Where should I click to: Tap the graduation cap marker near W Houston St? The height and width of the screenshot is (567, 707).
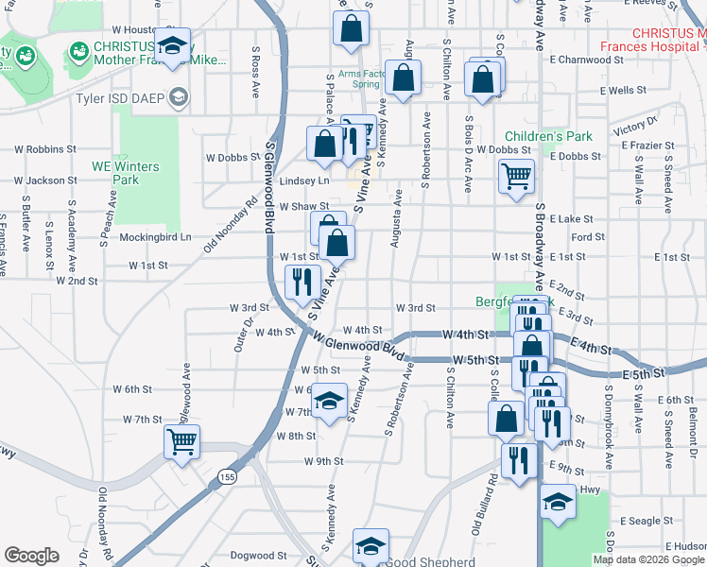pos(173,47)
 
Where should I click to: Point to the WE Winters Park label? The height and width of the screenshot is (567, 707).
pos(126,173)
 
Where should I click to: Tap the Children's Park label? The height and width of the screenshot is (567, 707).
pos(548,136)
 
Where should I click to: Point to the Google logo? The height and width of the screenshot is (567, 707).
pos(31,555)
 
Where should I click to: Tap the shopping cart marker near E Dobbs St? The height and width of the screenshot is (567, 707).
pos(516,175)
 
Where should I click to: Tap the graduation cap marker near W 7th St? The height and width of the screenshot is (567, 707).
pos(330,403)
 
